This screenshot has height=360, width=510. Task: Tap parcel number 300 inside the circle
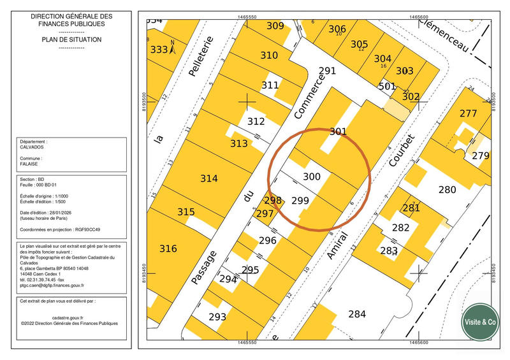311,176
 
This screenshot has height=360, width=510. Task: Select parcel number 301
338,132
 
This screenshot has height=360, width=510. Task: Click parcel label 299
300,201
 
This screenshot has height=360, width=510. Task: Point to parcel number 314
209,178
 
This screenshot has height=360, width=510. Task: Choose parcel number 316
168,248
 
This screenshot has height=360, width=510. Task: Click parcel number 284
357,313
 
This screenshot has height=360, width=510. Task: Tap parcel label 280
447,189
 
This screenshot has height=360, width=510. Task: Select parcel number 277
468,114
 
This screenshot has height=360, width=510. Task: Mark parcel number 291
326,71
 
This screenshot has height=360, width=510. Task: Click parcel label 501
386,86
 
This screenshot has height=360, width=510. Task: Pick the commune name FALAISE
29,163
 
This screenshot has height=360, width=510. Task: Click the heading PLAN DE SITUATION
71,40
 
